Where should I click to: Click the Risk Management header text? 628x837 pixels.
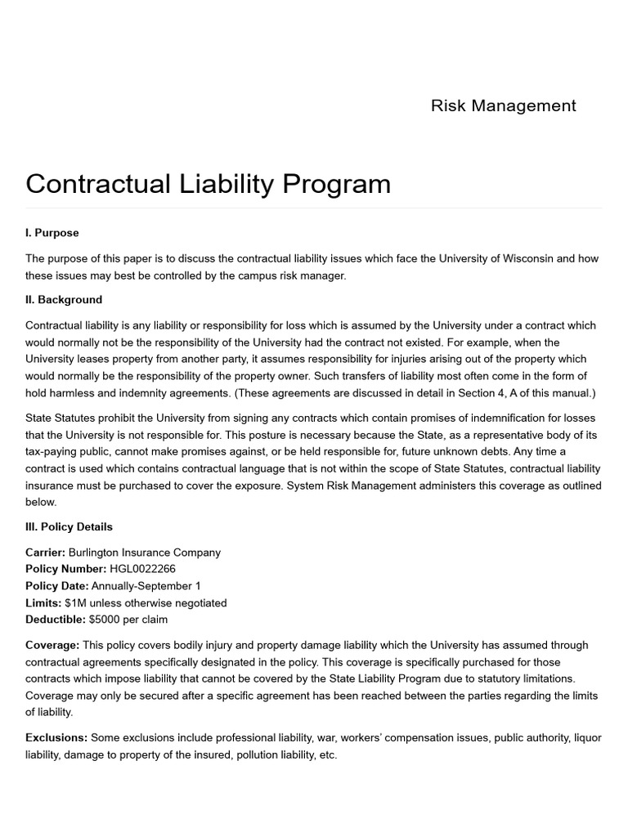503,105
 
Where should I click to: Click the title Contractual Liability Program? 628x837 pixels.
208,183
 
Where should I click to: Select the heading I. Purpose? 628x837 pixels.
52,233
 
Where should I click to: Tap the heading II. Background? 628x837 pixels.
64,299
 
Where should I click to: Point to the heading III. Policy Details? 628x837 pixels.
69,526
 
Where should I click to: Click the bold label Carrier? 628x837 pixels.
45,553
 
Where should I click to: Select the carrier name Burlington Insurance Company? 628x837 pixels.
144,553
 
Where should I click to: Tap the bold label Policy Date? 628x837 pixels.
57,586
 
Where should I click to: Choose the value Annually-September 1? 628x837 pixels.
146,586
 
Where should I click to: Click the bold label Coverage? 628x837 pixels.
52,645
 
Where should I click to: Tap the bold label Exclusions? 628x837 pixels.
56,737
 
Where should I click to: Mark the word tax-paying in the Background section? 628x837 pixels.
52,451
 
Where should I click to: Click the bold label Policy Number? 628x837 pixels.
65,569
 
